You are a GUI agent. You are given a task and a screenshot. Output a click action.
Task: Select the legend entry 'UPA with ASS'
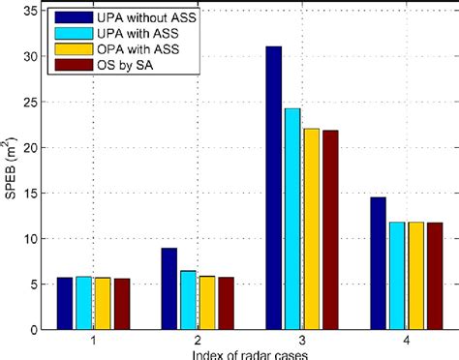(136, 35)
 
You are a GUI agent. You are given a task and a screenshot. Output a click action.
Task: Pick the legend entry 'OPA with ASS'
(136, 50)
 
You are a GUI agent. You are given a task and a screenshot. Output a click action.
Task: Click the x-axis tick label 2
(198, 341)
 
